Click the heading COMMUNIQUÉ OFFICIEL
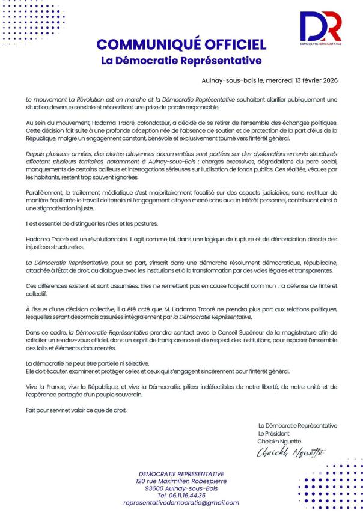coord(181,44)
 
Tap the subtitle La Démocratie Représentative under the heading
coord(181,61)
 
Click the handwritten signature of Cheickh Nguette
coord(291,452)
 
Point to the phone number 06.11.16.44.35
coord(181,496)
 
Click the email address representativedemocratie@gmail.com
coord(181,503)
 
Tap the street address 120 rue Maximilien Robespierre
coord(181,481)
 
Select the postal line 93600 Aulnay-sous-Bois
coord(181,488)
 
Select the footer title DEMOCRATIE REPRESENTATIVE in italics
coord(181,474)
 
